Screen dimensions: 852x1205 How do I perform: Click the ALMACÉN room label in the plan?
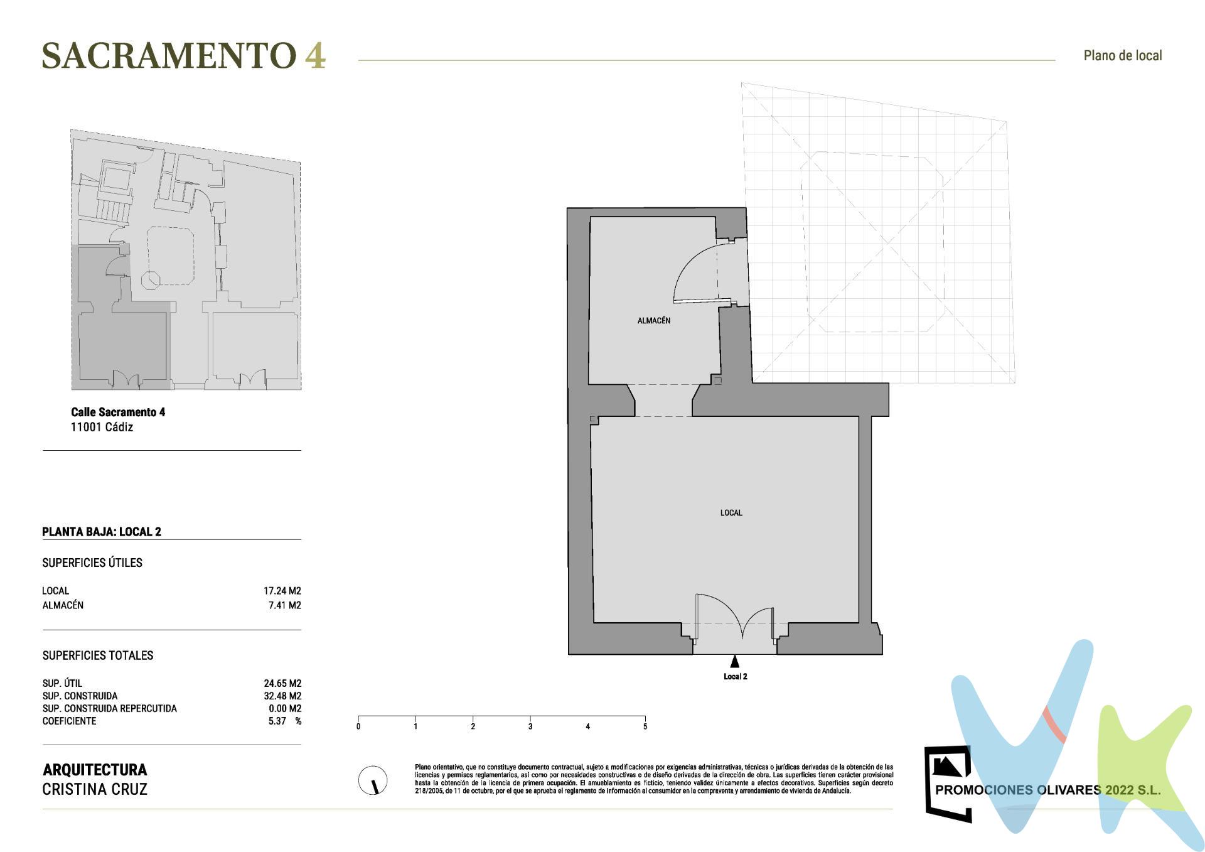pos(653,321)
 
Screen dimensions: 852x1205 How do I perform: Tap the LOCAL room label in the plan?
pos(731,513)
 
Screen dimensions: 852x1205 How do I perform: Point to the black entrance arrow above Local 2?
pos(734,661)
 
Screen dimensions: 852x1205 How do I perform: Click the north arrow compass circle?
pos(372,780)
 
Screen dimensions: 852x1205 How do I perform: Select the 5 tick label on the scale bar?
pos(645,727)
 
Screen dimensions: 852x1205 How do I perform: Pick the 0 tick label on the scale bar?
pos(358,727)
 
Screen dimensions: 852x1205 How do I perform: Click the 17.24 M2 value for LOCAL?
pos(282,591)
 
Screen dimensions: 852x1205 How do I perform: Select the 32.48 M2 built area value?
pos(282,696)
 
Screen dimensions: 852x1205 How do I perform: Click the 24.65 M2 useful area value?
pos(282,683)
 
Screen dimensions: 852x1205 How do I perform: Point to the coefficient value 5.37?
pos(277,721)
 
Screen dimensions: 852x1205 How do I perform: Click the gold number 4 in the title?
pos(315,56)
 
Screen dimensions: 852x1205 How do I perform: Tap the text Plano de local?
pos(1122,56)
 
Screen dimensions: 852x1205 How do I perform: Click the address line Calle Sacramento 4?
pos(118,412)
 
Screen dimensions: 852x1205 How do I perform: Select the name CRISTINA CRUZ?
pos(95,789)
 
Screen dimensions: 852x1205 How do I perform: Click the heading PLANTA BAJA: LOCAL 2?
pos(102,532)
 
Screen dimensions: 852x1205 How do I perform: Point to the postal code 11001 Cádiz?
pos(102,427)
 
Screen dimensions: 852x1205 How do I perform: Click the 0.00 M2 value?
pos(285,708)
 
